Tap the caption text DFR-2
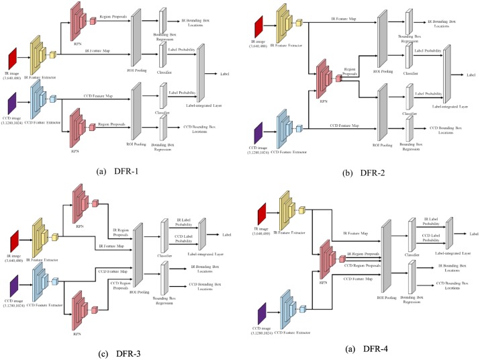coord(349,173)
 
